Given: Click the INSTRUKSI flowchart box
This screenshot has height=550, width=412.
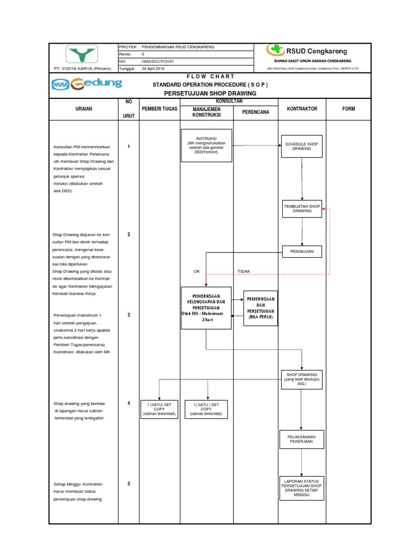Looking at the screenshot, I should [207, 145].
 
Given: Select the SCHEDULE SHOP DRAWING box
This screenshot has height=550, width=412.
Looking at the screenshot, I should [301, 146].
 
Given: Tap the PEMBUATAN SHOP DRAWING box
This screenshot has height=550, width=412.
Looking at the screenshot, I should [301, 208].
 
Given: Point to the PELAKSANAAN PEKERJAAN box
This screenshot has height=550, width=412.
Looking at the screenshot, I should [301, 439].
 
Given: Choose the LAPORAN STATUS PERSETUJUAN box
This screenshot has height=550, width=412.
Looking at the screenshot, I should [301, 487].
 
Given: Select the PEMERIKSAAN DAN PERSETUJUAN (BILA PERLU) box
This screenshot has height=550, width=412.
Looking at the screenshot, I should [261, 308].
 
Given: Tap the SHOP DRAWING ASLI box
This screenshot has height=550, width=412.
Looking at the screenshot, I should [301, 379].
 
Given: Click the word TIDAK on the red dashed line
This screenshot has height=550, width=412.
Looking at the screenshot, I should [244, 271].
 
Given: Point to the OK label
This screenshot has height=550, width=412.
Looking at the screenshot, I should [196, 271].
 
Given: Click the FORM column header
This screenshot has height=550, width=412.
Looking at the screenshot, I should [349, 109].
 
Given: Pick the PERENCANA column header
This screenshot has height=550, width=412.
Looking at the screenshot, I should [255, 112].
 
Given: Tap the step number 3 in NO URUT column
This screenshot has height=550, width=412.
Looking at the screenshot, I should [129, 315].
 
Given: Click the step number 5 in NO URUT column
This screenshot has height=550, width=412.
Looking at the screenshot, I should [129, 483].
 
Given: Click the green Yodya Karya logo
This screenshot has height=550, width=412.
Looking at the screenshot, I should [82, 54].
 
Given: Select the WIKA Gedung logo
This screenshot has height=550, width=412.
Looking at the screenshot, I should [87, 84].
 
